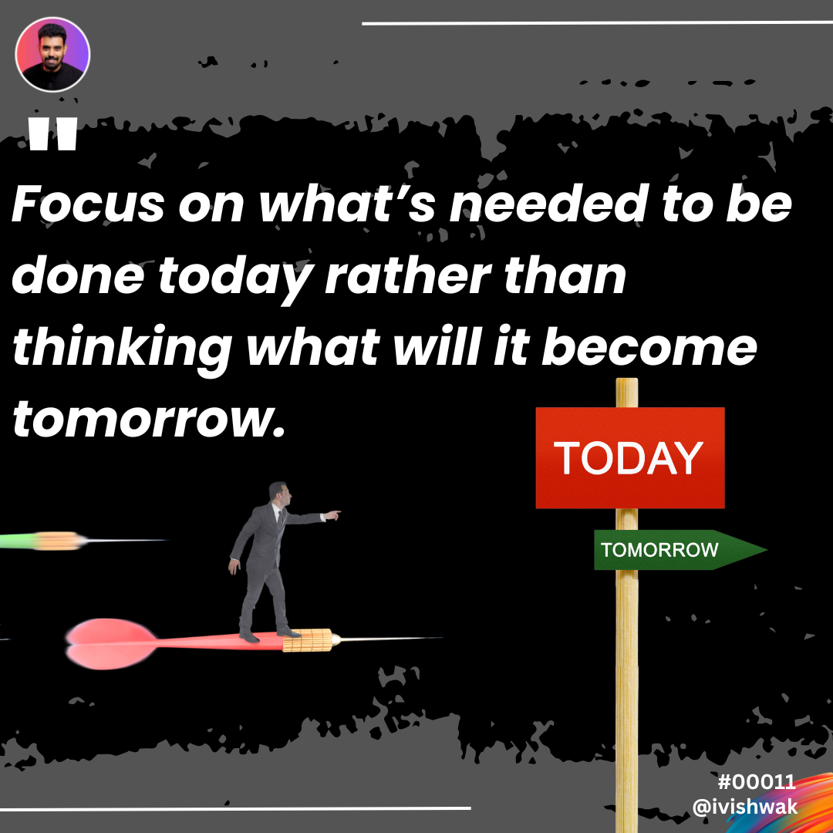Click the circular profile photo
52,55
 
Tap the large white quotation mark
53,134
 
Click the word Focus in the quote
88,204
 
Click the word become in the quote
649,347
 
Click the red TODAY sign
630,458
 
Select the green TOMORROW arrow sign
680,550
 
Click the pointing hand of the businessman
332,514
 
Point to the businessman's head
280,494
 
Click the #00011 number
757,782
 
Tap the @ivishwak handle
745,807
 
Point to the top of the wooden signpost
627,379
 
